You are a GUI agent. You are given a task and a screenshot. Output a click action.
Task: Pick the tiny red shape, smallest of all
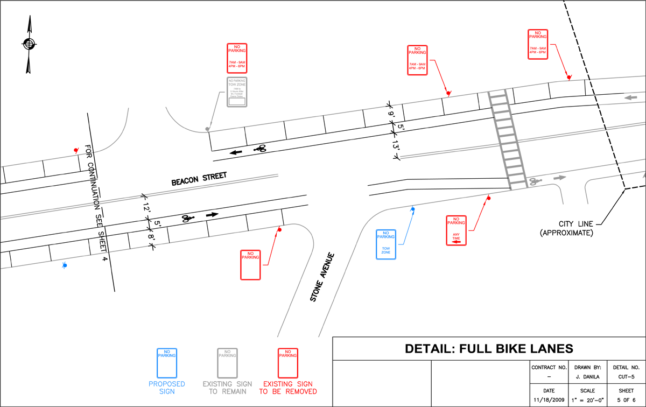(x=73, y=141)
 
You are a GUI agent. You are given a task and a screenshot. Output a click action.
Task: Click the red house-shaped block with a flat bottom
(x=237, y=51)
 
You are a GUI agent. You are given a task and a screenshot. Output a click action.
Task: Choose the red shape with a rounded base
(x=288, y=371)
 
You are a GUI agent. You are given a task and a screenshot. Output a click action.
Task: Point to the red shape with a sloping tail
(x=533, y=46)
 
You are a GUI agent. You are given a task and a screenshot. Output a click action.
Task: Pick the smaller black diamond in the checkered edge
(x=619, y=170)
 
